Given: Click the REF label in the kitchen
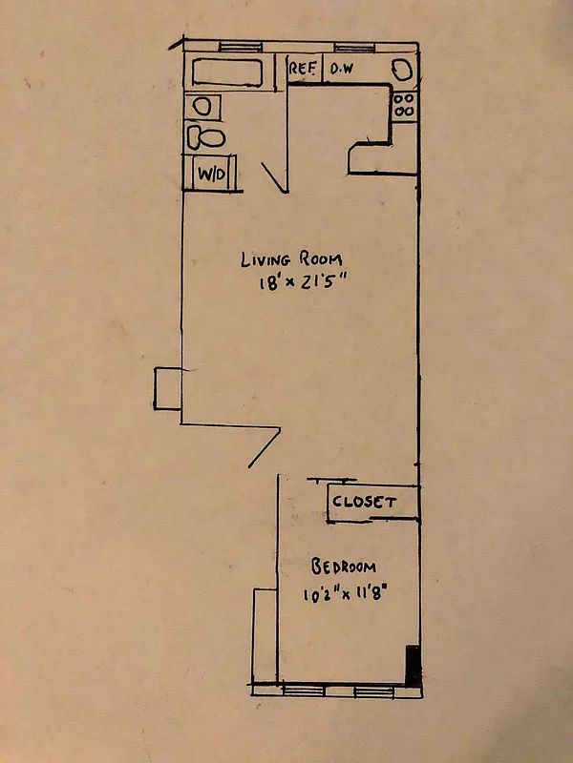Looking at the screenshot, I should pos(304,70).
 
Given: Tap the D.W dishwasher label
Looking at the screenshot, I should pos(341,70).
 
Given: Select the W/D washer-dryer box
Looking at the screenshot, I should pos(209,175).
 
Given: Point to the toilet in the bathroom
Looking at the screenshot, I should pos(205,137).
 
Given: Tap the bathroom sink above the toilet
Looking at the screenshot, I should pos(202,106).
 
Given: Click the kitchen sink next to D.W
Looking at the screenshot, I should pos(402,70).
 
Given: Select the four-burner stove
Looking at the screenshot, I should pos(404,104).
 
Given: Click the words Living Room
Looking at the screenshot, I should pos(290,259).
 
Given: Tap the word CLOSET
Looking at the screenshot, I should pos(363,501).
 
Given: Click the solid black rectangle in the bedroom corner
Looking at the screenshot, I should pos(413,665).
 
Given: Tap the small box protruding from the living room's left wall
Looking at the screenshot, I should pos(168,389).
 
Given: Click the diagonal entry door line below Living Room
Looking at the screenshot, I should pos(264,446).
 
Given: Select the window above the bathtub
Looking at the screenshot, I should pos(235,46).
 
